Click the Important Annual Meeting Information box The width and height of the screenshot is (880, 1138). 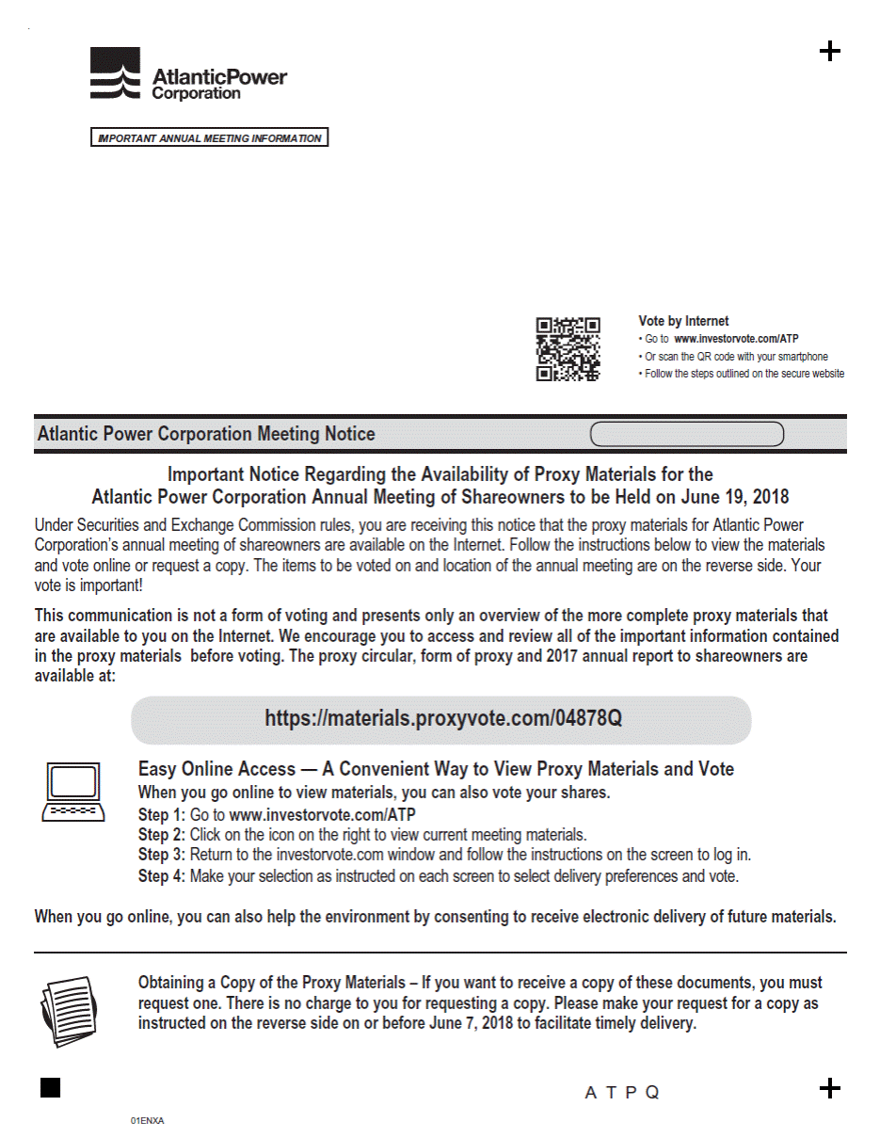click(209, 138)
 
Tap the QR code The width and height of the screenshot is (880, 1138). click(568, 349)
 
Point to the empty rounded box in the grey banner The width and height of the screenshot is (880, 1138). click(687, 434)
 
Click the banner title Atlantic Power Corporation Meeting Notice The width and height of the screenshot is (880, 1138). click(206, 434)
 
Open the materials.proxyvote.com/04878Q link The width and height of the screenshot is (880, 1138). click(442, 719)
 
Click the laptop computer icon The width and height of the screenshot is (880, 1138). click(72, 793)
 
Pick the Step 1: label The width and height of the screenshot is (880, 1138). click(161, 814)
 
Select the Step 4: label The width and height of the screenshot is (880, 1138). click(161, 876)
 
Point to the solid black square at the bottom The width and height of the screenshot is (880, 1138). click(51, 1088)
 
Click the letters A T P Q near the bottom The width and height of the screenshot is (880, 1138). click(622, 1093)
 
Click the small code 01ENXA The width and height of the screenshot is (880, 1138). click(147, 1121)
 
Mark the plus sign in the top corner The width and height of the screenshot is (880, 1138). click(829, 51)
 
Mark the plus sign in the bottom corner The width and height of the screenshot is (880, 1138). click(829, 1088)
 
